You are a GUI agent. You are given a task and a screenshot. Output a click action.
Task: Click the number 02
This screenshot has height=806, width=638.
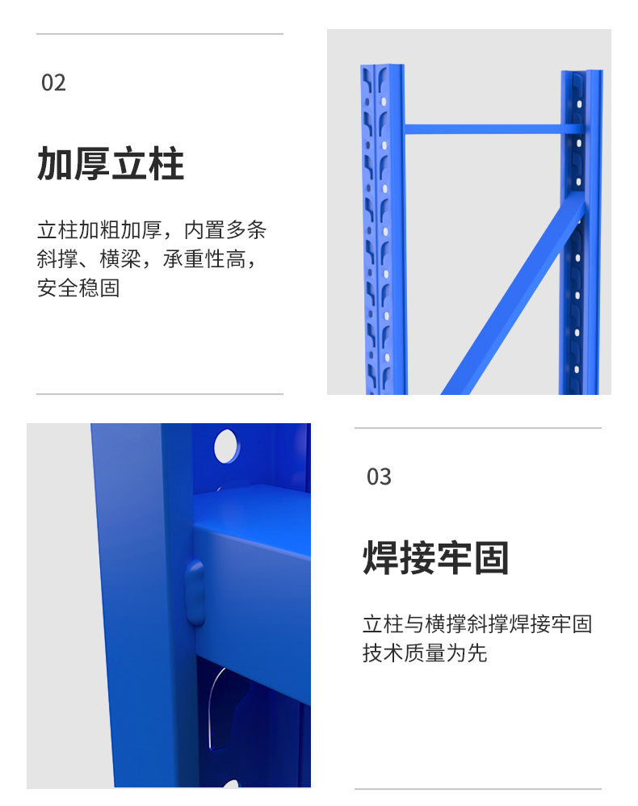(53, 82)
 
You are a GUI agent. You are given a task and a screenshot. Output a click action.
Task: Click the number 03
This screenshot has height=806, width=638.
(379, 476)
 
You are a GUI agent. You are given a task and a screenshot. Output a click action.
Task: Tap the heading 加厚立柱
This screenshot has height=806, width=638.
(111, 164)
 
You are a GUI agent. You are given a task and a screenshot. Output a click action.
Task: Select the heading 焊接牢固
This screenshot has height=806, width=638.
(436, 558)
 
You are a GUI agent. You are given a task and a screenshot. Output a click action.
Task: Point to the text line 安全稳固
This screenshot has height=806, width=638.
(78, 288)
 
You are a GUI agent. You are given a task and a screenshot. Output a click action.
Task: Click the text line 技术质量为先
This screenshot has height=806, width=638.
(425, 653)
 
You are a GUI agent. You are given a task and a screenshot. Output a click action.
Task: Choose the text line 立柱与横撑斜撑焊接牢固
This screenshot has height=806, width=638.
(477, 624)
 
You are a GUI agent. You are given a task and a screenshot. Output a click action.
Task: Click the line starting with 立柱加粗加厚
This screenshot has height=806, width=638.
(152, 230)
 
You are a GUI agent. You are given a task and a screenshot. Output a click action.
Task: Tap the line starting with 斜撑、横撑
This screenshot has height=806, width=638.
(152, 259)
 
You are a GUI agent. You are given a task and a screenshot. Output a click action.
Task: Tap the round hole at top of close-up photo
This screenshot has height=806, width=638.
(226, 446)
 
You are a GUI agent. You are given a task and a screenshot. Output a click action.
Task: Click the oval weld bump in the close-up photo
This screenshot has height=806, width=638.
(195, 592)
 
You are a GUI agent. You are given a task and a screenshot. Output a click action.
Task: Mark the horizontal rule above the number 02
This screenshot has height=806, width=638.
(160, 34)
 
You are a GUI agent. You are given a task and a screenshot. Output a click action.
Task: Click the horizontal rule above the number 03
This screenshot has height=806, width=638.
(477, 428)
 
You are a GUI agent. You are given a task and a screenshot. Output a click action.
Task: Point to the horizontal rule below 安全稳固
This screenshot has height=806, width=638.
(160, 394)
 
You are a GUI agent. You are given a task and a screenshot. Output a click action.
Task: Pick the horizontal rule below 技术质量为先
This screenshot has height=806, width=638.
(477, 789)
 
